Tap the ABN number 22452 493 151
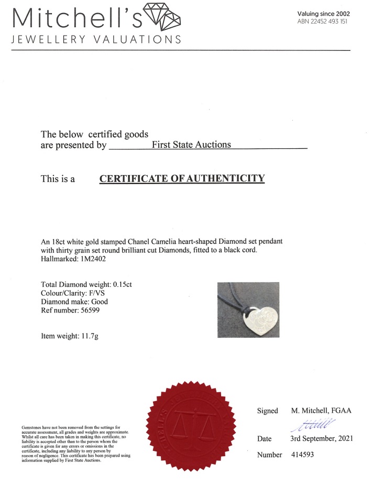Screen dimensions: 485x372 click(325, 21)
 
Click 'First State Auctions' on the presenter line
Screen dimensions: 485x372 click(191, 144)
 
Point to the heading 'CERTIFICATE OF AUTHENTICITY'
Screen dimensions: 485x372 click(182, 178)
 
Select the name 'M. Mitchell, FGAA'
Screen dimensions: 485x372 click(321, 411)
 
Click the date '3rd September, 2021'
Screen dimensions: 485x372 click(322, 438)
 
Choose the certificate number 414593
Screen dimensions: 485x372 click(302, 455)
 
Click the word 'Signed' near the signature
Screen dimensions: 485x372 click(267, 411)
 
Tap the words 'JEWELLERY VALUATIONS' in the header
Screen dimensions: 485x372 click(96, 40)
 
